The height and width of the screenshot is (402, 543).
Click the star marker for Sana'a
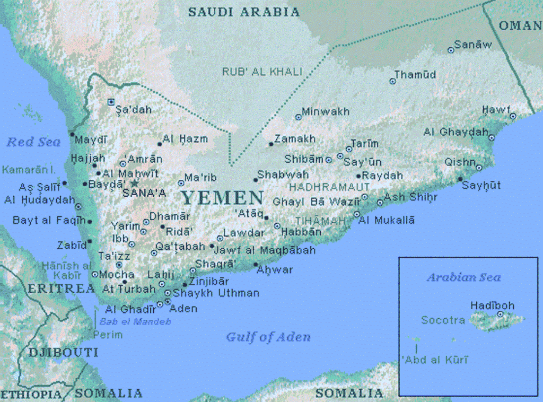tap(135, 183)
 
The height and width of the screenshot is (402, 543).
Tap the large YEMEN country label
tap(222, 198)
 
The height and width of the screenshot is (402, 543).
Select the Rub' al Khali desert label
tap(261, 72)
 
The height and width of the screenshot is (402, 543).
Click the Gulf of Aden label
tap(268, 337)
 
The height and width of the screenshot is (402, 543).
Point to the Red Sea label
tap(33, 142)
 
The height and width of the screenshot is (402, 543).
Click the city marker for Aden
tap(168, 302)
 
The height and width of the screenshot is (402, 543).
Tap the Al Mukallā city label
tap(387, 220)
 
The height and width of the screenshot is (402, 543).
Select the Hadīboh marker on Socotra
tap(500, 314)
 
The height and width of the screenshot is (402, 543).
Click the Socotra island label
tap(443, 320)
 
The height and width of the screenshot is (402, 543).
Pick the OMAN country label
tap(520, 25)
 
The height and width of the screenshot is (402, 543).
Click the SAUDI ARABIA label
tap(244, 12)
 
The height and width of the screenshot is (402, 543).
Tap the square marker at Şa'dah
tap(111, 102)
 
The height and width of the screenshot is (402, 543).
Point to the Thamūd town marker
tap(392, 82)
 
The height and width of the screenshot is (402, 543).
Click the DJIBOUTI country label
tap(63, 352)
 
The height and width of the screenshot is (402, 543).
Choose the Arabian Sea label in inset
tap(463, 277)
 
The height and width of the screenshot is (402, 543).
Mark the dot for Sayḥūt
tap(460, 179)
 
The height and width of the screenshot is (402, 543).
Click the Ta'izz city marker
tap(119, 265)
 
